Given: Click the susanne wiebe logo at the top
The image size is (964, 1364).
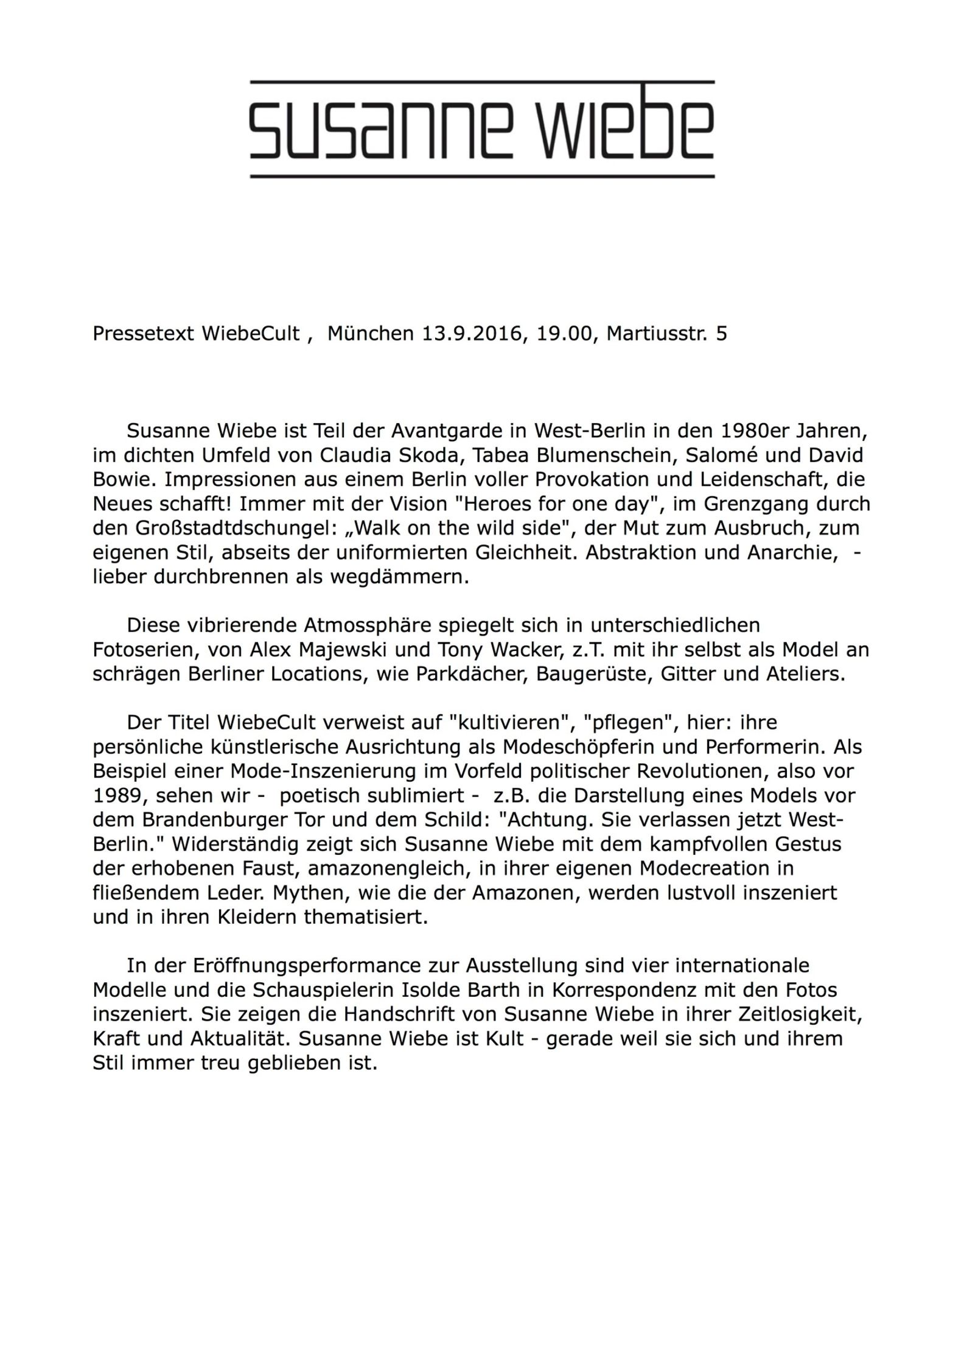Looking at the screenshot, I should pyautogui.click(x=482, y=129).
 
